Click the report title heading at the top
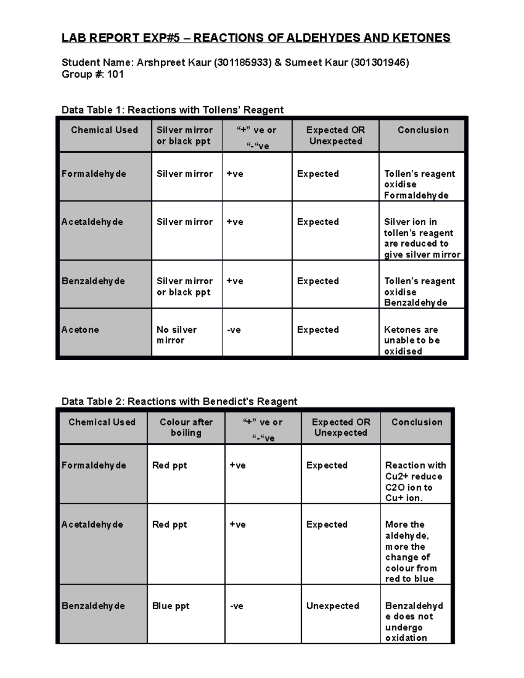[256, 38]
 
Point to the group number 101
[115, 74]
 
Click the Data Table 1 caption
[172, 110]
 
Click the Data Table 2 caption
[179, 401]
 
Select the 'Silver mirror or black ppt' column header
[185, 135]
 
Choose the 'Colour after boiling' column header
[186, 427]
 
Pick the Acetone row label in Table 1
[80, 330]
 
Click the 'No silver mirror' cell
[177, 335]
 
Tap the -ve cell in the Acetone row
[234, 330]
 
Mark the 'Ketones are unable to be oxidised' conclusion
[412, 340]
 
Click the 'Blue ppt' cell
[171, 606]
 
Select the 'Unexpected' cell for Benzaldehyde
[333, 606]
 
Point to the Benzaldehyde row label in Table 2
[93, 606]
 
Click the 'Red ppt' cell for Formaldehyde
[169, 465]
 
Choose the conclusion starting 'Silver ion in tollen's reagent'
[422, 238]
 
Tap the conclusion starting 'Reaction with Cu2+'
[415, 482]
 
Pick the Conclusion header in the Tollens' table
[423, 130]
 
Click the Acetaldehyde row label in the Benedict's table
[92, 524]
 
